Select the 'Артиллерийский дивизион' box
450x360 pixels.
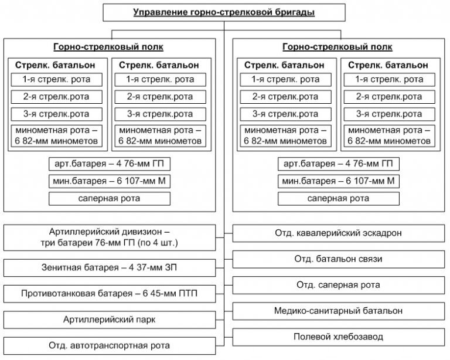(x=110, y=236)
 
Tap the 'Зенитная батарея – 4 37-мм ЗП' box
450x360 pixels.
(x=110, y=268)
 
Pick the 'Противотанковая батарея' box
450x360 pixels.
(x=110, y=294)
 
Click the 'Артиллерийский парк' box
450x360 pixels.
(x=110, y=320)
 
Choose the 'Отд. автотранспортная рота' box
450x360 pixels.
(x=110, y=345)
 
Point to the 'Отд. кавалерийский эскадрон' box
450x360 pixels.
(x=339, y=233)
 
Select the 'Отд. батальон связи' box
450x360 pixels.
(x=339, y=259)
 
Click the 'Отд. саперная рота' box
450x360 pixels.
(x=339, y=285)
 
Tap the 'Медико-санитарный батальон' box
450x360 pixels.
(x=339, y=311)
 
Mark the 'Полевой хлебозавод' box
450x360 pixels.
(x=339, y=337)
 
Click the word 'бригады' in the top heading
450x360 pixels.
(x=298, y=12)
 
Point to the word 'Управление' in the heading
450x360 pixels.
(x=155, y=12)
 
